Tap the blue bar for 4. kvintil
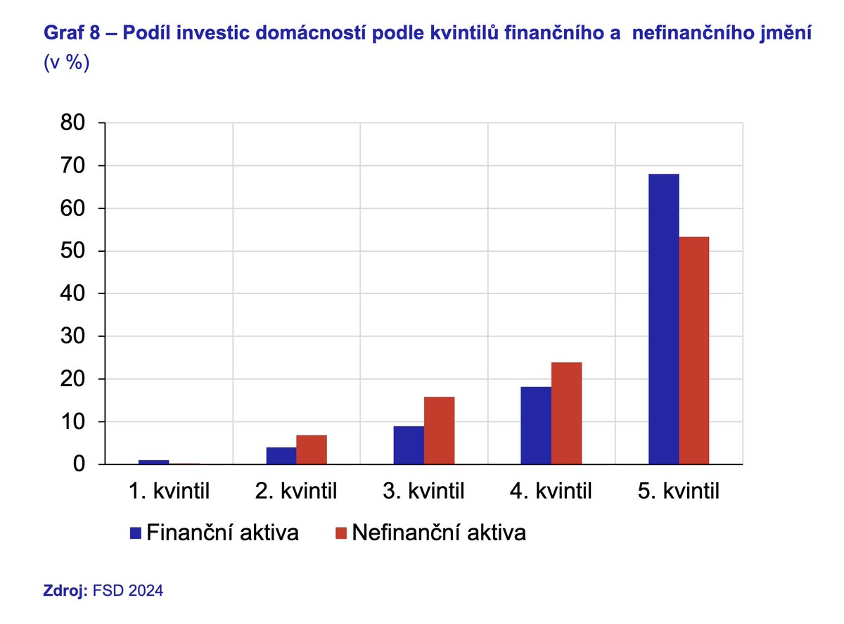click(x=536, y=426)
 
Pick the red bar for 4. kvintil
click(x=566, y=413)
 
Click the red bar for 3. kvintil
click(x=439, y=431)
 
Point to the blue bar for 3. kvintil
click(x=409, y=445)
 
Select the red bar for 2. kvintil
click(x=312, y=450)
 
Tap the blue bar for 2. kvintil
click(x=281, y=456)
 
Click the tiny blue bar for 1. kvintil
click(x=154, y=462)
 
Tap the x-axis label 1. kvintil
click(x=169, y=490)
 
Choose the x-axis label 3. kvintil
click(x=423, y=490)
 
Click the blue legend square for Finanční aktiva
click(x=136, y=533)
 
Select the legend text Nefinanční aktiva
click(x=439, y=533)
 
